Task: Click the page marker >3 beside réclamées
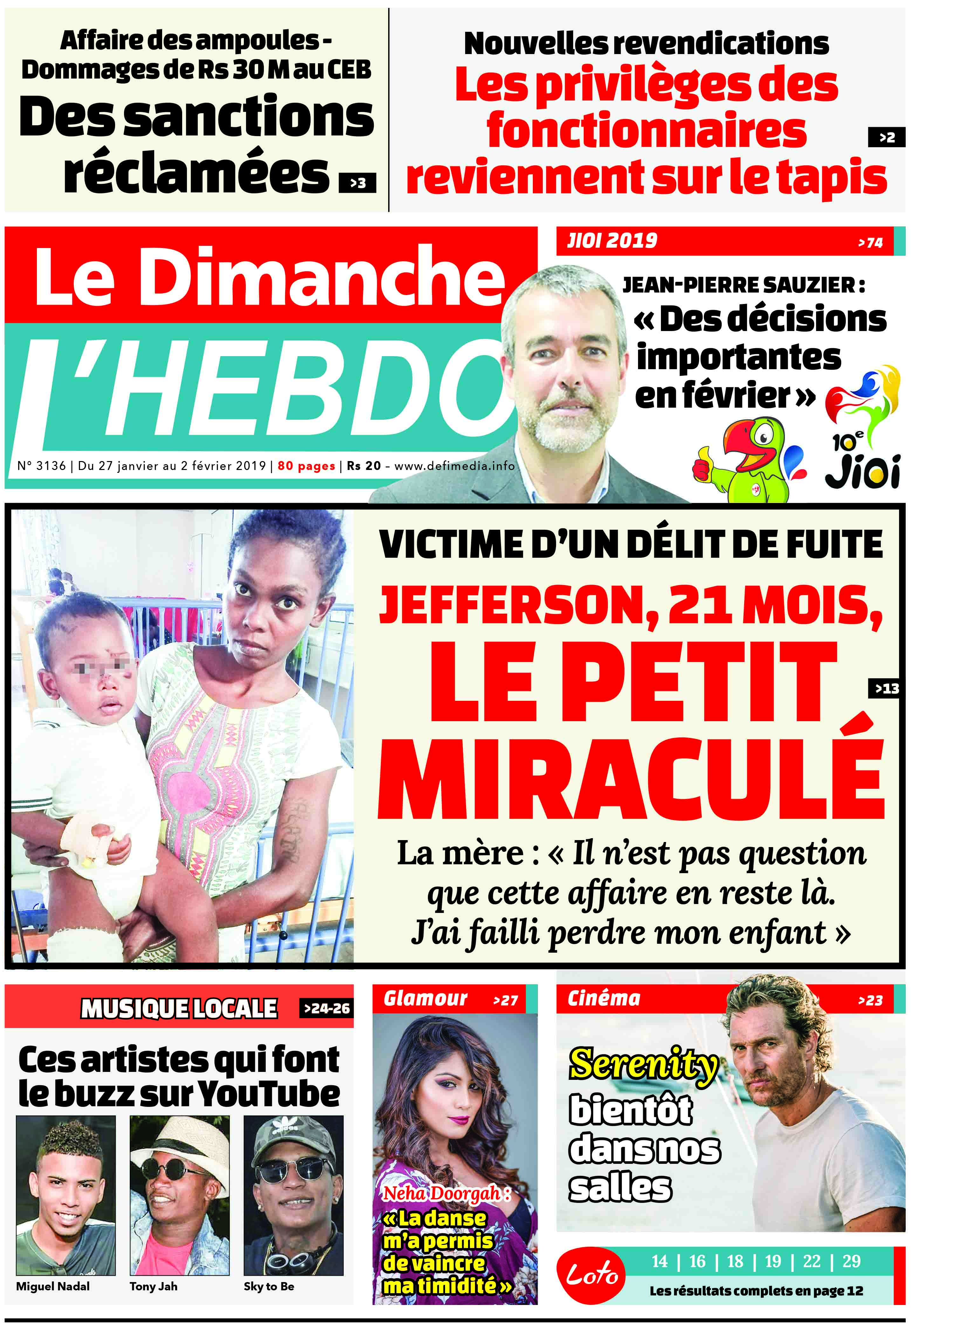[x=357, y=183]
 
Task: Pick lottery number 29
[x=851, y=1261]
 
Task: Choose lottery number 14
[x=659, y=1261]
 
